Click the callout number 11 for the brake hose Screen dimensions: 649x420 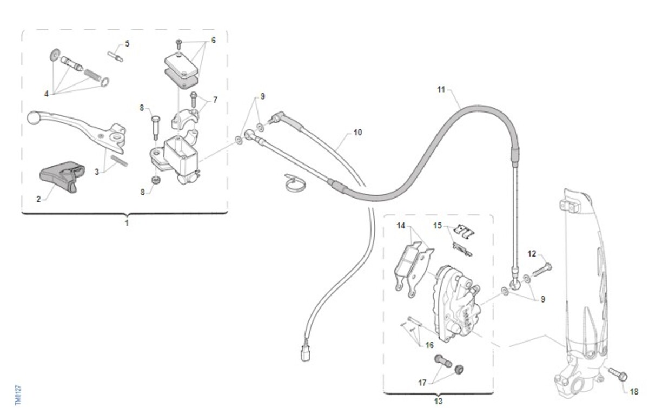coord(441,89)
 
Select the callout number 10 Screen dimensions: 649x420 coord(358,133)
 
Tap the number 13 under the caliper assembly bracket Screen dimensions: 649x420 coord(439,402)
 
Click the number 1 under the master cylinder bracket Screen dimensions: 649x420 coord(127,223)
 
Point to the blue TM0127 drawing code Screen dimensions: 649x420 coord(18,395)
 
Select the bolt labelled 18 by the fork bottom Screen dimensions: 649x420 coord(618,375)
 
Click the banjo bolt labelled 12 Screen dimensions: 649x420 coord(542,270)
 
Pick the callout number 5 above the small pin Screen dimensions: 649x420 coord(128,44)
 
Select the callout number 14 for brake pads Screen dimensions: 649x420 coord(401,226)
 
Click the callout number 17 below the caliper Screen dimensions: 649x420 coord(422,383)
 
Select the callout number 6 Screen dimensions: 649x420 coord(214,40)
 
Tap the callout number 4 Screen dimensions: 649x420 coord(47,94)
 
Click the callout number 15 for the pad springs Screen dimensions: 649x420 coord(438,226)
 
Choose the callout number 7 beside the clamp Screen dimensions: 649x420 coord(215,100)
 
